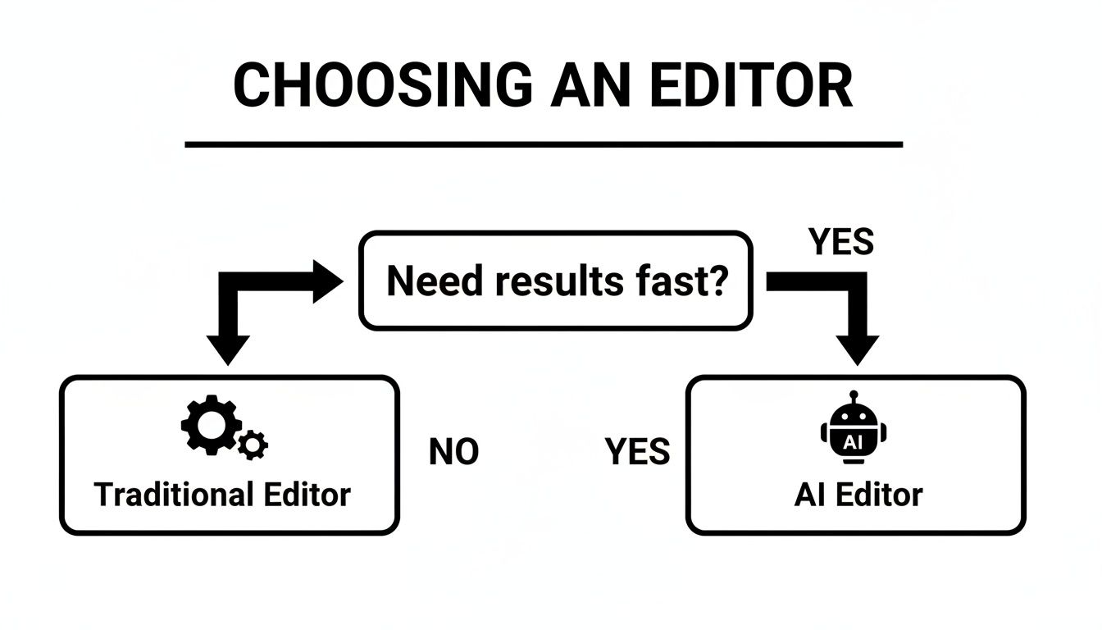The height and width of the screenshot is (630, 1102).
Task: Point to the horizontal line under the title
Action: pyautogui.click(x=544, y=145)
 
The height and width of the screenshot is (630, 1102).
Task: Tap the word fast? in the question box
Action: pyautogui.click(x=679, y=281)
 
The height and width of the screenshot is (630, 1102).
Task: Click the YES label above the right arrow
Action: pyautogui.click(x=841, y=242)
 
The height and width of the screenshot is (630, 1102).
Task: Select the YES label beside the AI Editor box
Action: pyautogui.click(x=637, y=452)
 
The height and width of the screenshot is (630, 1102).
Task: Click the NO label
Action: pyautogui.click(x=453, y=452)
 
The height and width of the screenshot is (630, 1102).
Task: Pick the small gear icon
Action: pyautogui.click(x=253, y=445)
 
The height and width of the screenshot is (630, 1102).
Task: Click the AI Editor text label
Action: pyautogui.click(x=858, y=495)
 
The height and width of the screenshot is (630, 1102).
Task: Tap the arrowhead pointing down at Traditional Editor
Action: pyautogui.click(x=228, y=349)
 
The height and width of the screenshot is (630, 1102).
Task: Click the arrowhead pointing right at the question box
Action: pyautogui.click(x=327, y=281)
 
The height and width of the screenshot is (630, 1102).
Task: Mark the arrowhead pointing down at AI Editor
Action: pyautogui.click(x=857, y=349)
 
